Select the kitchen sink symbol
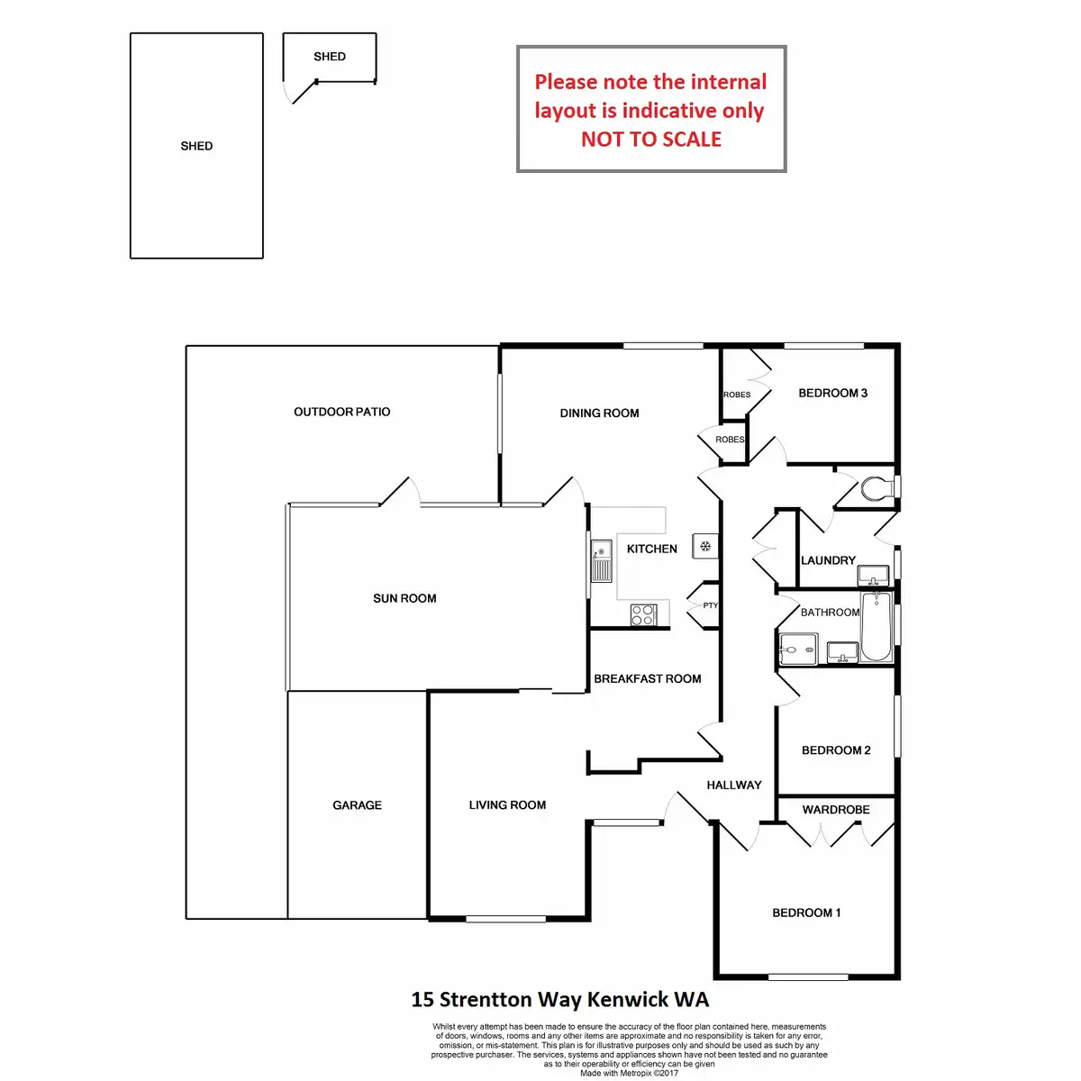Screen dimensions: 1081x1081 point(601,560)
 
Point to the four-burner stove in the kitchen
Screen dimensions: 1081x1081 point(643,614)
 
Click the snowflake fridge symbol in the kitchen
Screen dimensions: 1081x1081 point(705,546)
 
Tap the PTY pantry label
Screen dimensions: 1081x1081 point(711,605)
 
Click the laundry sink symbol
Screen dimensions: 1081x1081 point(872,575)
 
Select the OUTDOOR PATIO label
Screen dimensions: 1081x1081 point(342,412)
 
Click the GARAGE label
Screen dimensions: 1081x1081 point(357,805)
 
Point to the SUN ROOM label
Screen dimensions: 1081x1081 point(404,598)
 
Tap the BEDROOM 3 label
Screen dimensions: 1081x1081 point(832,393)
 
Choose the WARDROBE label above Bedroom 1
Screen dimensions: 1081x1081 point(836,810)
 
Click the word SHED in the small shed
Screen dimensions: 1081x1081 point(330,57)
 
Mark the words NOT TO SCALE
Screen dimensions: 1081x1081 point(650,140)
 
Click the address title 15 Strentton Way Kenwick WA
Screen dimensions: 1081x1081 point(559,999)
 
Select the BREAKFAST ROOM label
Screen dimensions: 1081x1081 point(647,679)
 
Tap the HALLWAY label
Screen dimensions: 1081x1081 point(733,786)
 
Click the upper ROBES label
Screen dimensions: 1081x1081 point(737,395)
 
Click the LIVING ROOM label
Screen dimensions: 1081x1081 point(507,805)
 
